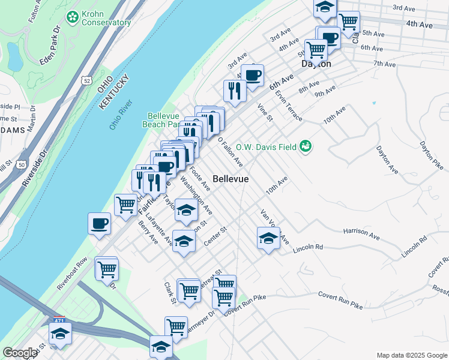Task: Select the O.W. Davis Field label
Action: coord(267,146)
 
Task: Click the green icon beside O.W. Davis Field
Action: coord(306,146)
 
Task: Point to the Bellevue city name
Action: coord(231,179)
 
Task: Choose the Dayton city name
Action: coord(316,64)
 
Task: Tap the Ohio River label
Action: coord(122,115)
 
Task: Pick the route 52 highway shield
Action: coord(88,80)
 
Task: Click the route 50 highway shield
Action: coord(22,164)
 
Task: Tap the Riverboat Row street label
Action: coord(73,274)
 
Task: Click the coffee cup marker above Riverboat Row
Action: coord(99,224)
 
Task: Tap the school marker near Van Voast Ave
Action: coord(268,238)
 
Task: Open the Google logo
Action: coord(20,353)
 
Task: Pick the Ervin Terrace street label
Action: coord(289,105)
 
